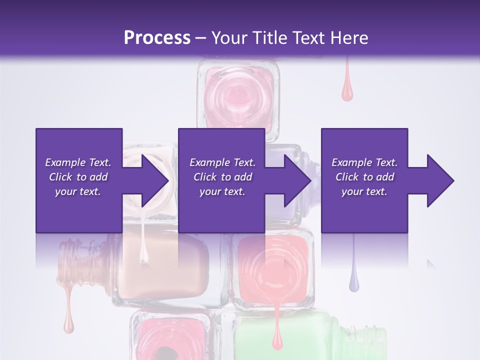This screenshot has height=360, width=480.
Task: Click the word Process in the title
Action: coord(157,37)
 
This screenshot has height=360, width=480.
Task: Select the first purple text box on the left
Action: coord(79,180)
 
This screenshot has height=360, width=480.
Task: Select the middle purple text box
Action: coord(221,180)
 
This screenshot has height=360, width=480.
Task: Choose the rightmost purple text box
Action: coord(364,180)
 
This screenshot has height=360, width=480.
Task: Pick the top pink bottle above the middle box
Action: coord(238,95)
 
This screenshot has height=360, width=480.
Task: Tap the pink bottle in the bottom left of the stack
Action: coord(167,337)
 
